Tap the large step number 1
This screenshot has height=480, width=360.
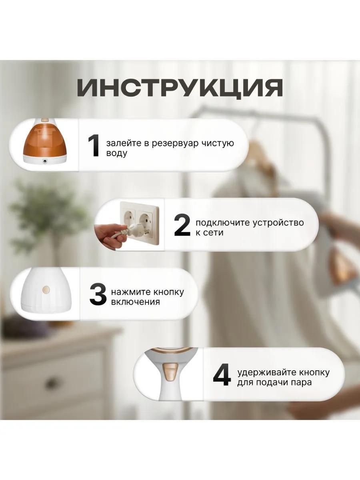(x=94, y=146)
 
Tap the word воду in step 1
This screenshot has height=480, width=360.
(x=116, y=154)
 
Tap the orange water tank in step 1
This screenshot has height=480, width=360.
(x=44, y=142)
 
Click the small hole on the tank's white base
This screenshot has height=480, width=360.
(x=45, y=162)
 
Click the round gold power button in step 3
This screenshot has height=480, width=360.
(x=46, y=290)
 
